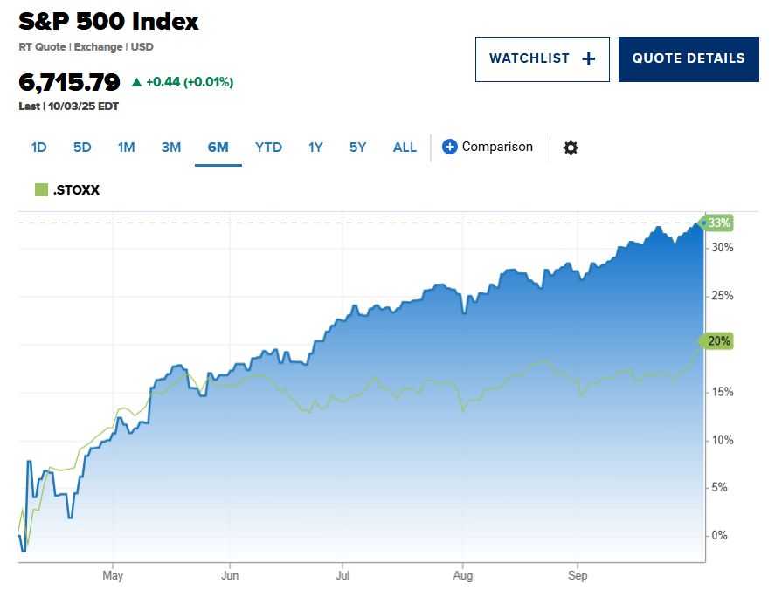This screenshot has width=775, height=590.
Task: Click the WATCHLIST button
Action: pos(542,59)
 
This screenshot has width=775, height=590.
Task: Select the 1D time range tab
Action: pos(38,147)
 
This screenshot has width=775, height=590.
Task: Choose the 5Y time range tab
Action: pos(357,147)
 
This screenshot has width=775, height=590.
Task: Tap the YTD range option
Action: pos(268,147)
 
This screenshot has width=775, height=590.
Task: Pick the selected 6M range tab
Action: pos(218,147)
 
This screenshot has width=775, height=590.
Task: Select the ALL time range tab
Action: pos(405,147)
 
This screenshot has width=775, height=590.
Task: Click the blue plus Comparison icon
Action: pos(450,147)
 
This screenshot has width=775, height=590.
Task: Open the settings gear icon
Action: pos(571,147)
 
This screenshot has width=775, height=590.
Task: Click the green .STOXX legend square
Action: pos(40,189)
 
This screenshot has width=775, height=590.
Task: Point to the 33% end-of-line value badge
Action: pos(718,223)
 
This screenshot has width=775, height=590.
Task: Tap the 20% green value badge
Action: pos(718,341)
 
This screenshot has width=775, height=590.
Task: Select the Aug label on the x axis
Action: pos(462,576)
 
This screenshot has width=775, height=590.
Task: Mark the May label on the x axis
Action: pos(113,576)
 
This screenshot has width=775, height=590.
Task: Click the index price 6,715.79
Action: pos(69,83)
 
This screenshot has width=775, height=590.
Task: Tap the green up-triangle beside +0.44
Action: pos(136,82)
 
